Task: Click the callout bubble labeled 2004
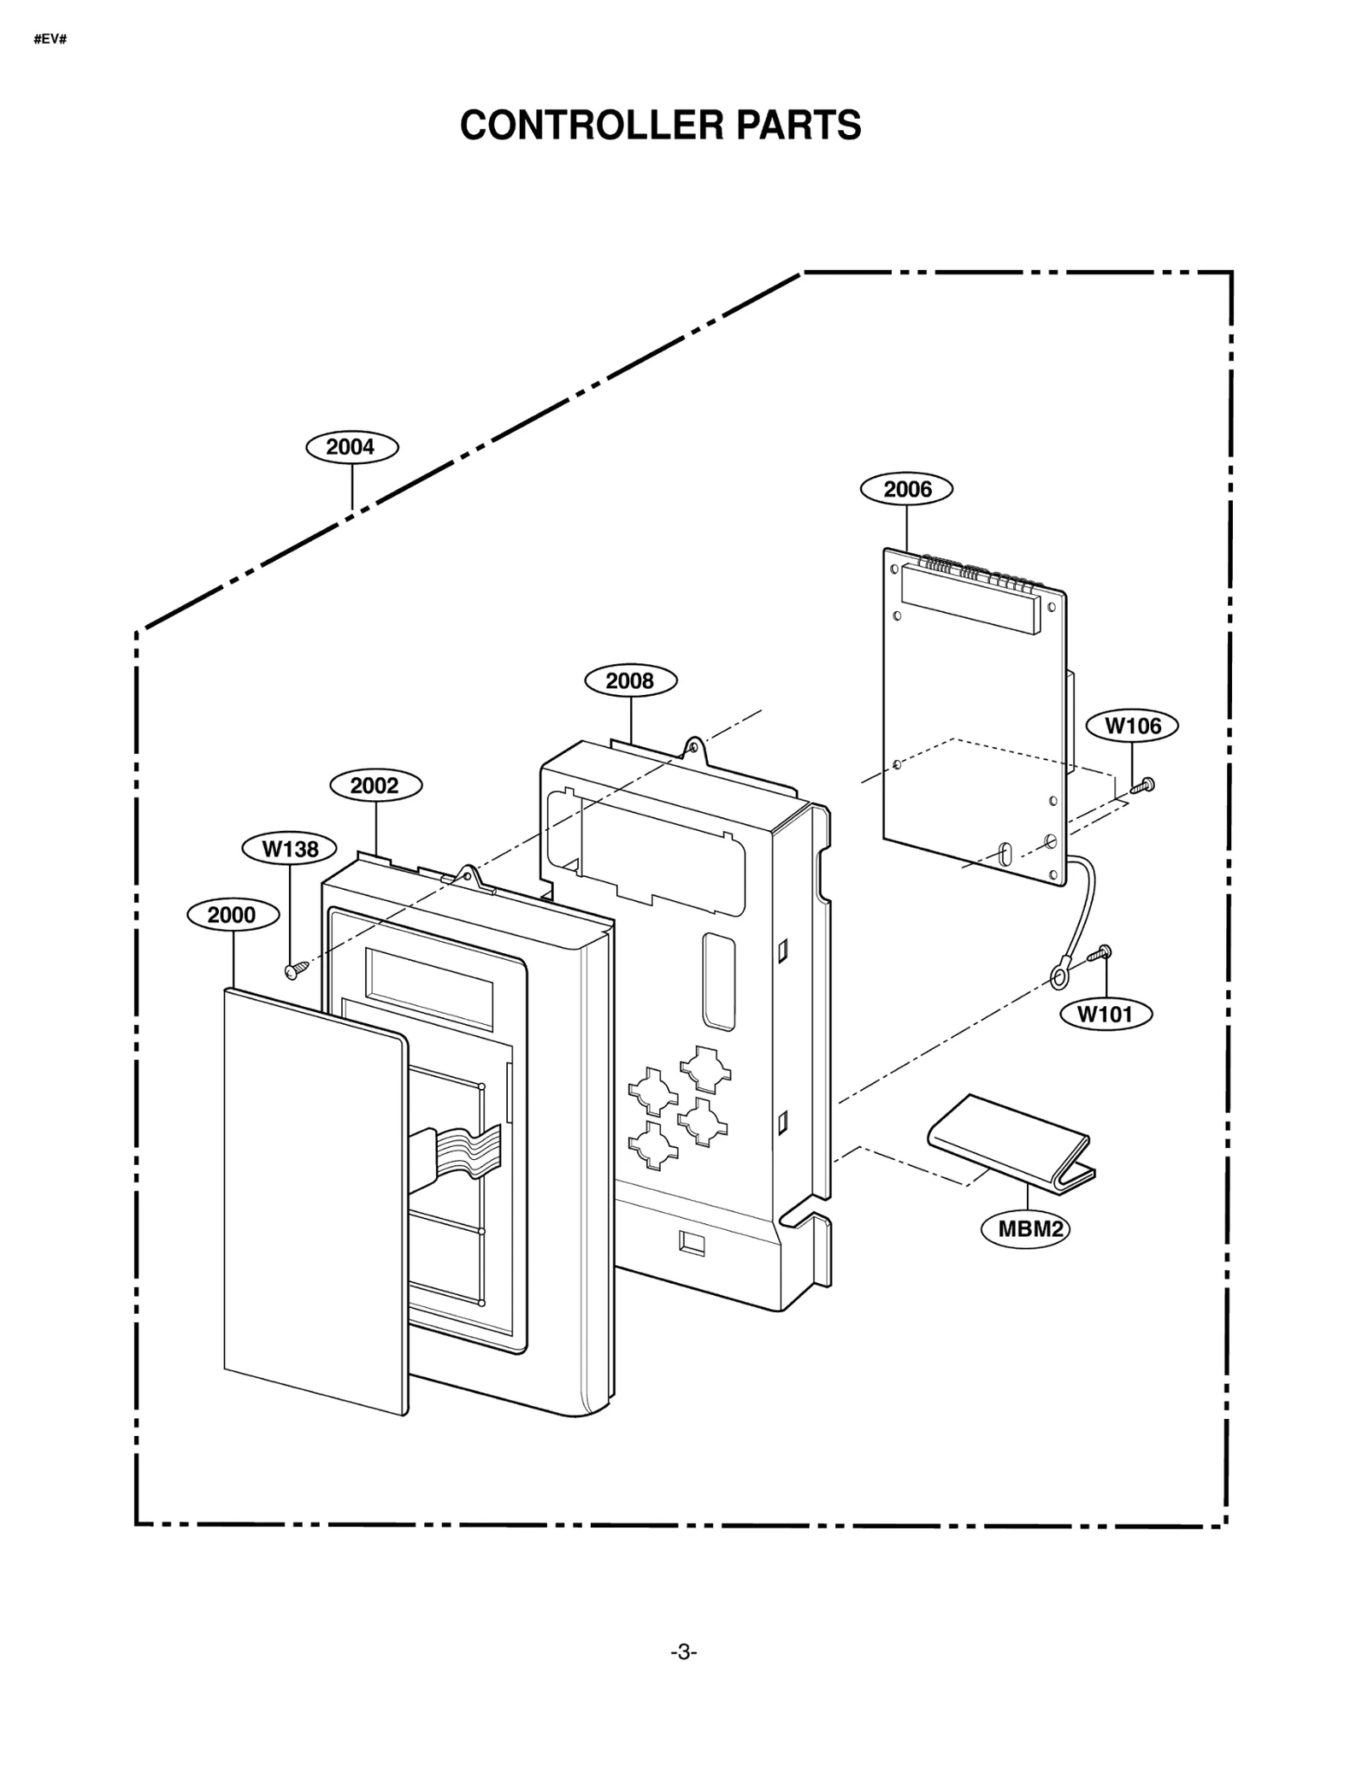351,447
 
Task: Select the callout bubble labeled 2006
905,489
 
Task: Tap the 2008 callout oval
630,680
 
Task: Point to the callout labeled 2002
374,785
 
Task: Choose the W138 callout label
289,848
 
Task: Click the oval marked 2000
233,915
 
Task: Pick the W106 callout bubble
1132,726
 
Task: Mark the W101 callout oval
1106,1014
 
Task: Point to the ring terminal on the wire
1058,974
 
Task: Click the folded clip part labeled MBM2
1009,1137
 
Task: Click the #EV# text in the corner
50,39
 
